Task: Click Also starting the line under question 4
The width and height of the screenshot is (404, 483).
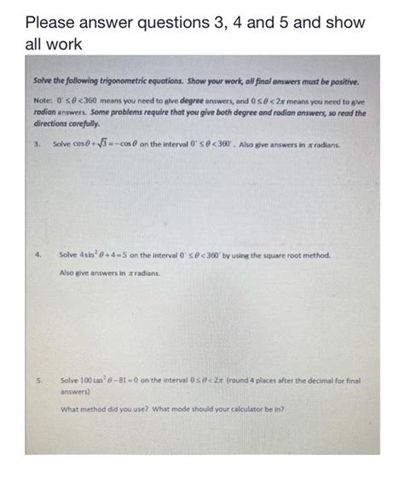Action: [67, 273]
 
